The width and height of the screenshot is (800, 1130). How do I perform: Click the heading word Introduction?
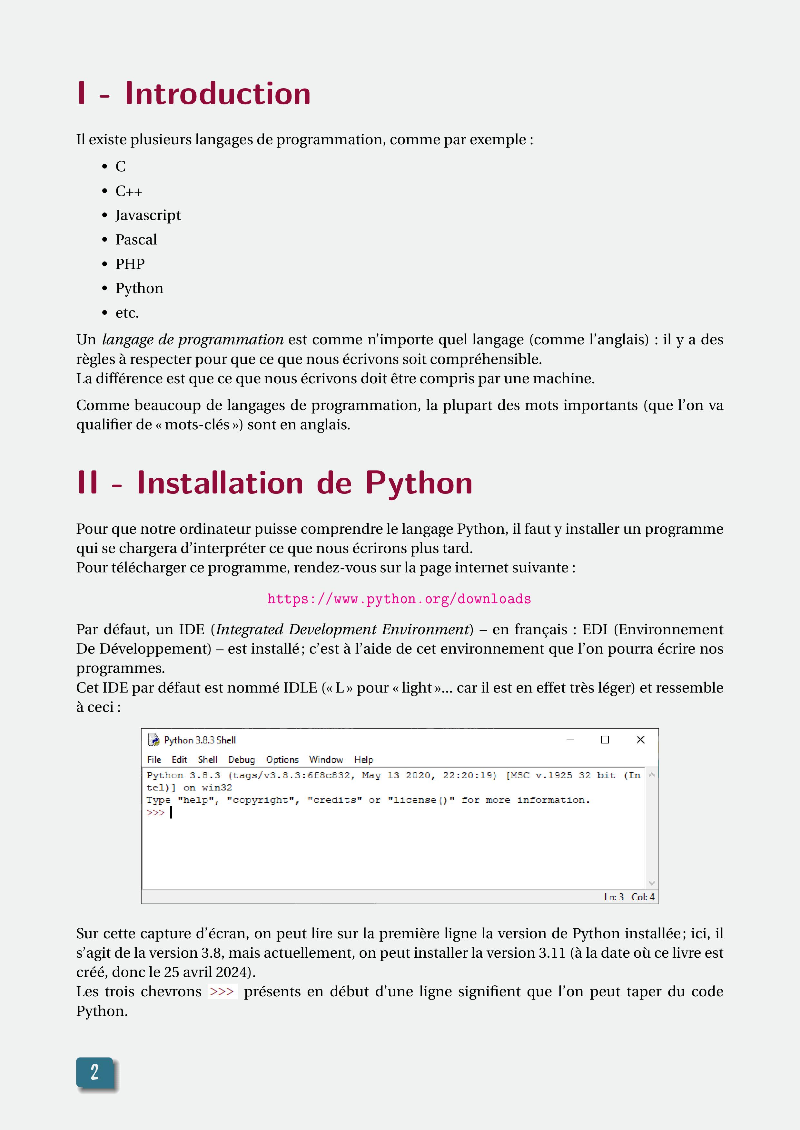(x=217, y=93)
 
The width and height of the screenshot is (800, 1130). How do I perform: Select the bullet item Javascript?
(x=148, y=215)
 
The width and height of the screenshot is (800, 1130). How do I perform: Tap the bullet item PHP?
(x=130, y=264)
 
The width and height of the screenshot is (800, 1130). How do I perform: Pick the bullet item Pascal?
(x=136, y=240)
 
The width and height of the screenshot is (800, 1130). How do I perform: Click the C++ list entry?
(x=129, y=191)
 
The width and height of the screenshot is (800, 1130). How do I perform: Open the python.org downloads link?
(x=399, y=599)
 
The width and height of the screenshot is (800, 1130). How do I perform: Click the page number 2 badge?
(x=94, y=1072)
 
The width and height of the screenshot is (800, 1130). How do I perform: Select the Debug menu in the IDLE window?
(x=242, y=760)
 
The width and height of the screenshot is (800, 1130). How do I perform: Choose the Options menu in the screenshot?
(x=282, y=760)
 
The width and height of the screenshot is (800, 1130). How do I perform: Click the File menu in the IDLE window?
(x=154, y=760)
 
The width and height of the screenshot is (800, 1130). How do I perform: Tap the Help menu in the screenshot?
(x=363, y=760)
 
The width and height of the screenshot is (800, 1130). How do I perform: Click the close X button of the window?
(x=640, y=740)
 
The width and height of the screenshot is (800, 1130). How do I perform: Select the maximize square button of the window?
(x=605, y=740)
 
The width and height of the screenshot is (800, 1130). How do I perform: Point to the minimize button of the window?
(x=570, y=740)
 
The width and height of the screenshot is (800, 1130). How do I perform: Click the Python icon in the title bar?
(x=154, y=740)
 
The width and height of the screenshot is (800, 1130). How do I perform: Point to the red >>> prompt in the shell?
(x=155, y=813)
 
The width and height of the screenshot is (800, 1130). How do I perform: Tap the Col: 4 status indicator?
(x=643, y=897)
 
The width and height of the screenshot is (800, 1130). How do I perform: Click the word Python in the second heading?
(x=419, y=483)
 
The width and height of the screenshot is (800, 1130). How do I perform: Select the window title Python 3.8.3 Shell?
(x=200, y=740)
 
